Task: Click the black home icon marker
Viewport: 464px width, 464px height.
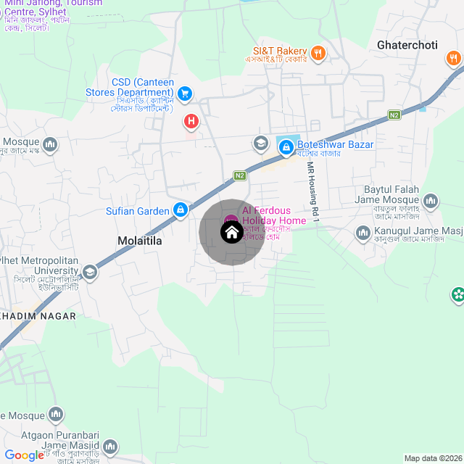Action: [231, 232]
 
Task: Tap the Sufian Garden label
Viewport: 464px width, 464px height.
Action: [137, 211]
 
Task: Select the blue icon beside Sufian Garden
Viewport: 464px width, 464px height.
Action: [180, 210]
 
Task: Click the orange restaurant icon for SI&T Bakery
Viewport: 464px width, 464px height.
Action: [318, 51]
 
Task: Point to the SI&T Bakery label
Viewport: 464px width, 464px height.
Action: [280, 51]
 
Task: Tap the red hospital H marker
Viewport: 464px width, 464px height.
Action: [191, 121]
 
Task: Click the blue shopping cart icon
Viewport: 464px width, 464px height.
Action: [184, 93]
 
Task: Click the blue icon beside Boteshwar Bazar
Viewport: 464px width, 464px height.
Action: [286, 147]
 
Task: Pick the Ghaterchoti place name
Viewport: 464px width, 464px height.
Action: [407, 45]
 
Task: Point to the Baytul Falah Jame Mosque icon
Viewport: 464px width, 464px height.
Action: [431, 200]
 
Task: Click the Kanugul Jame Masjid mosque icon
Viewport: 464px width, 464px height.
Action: [362, 233]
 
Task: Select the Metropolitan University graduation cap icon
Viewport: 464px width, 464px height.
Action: [89, 272]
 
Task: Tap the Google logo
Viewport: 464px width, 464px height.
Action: [24, 455]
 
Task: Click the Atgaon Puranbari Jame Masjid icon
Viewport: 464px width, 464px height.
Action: [110, 447]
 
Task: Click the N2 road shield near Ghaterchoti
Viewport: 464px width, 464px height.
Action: [394, 115]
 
